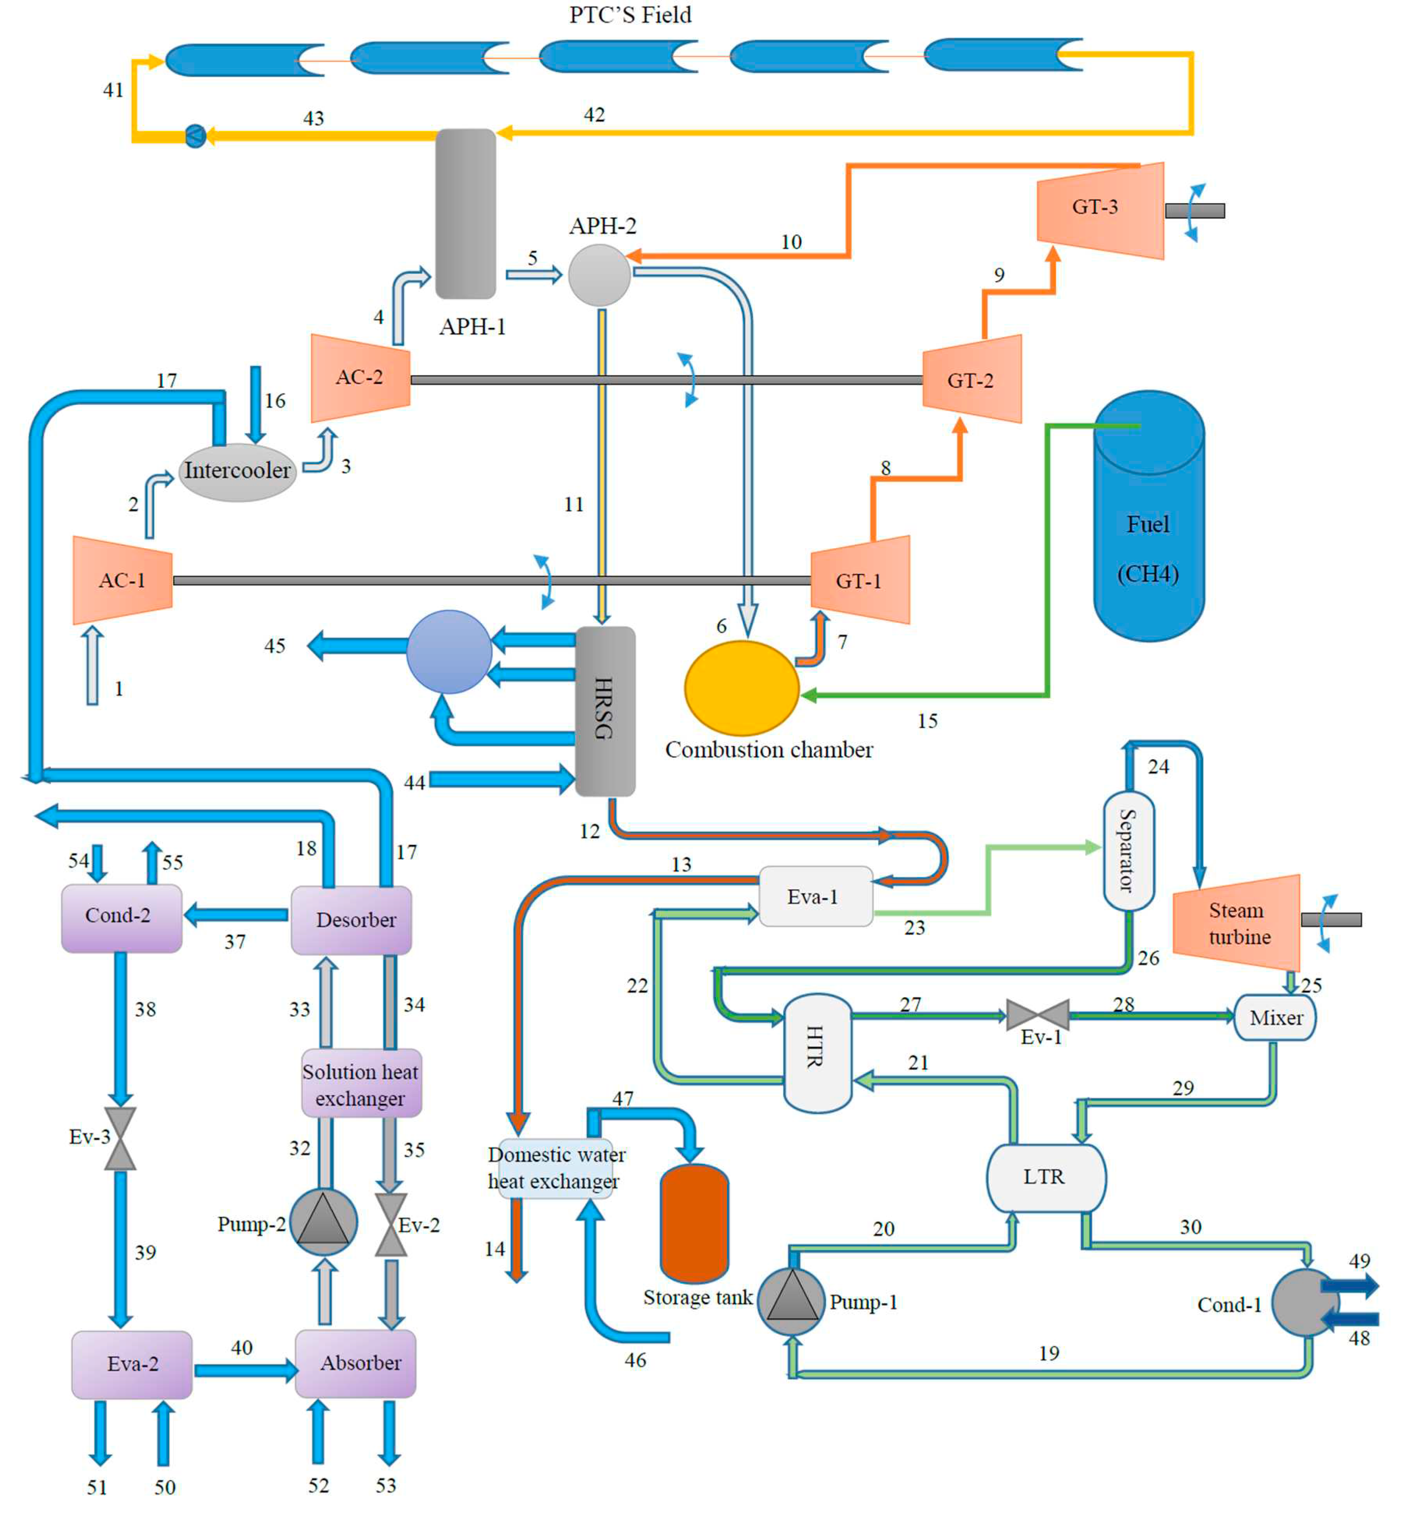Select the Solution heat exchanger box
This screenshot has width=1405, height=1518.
[361, 1084]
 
